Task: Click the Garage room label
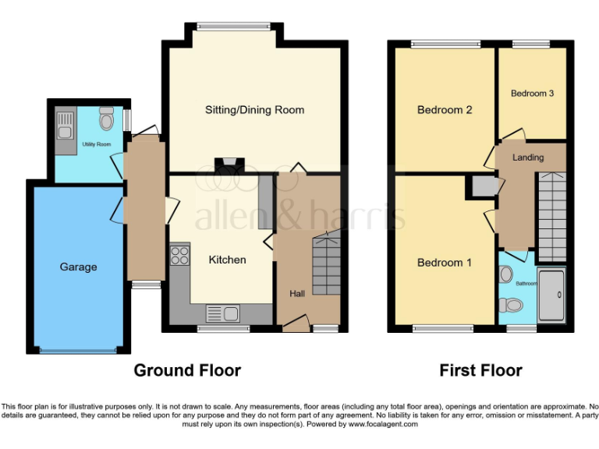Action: [x=78, y=267]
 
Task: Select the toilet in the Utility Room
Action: [x=107, y=119]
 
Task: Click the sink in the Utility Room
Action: [x=64, y=123]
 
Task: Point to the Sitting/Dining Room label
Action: [x=254, y=110]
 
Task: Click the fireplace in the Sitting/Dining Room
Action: [x=229, y=164]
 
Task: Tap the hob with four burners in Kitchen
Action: [x=179, y=255]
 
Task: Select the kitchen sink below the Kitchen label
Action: [x=222, y=314]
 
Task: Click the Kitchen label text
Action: [x=227, y=260]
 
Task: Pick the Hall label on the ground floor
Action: [x=297, y=294]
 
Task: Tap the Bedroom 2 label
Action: [x=445, y=110]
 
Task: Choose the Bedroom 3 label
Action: [x=532, y=94]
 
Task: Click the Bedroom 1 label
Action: [x=444, y=263]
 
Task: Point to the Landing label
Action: [x=528, y=157]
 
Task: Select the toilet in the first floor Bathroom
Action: [x=505, y=275]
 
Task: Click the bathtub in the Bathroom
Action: [x=551, y=294]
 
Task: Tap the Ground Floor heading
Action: [x=187, y=370]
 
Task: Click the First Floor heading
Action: [x=480, y=370]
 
